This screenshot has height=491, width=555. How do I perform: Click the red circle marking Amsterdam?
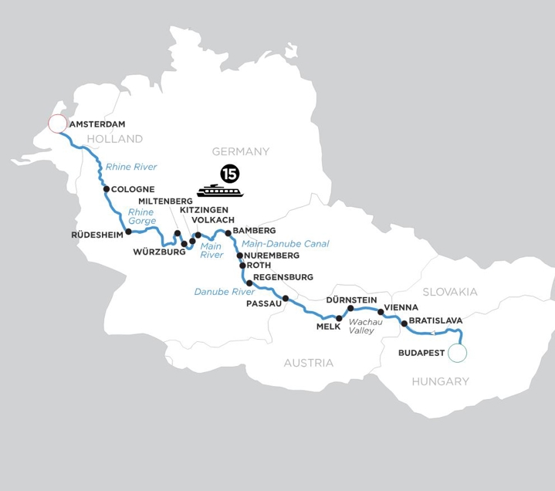[57, 124]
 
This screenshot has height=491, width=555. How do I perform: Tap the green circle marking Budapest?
[458, 353]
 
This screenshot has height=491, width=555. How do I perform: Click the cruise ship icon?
[220, 191]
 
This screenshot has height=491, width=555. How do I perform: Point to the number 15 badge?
[229, 173]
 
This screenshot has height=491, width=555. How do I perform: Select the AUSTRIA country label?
[308, 363]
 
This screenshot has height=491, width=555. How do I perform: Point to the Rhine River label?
[132, 167]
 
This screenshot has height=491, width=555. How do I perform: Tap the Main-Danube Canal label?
[285, 244]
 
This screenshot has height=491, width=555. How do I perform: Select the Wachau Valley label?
[361, 326]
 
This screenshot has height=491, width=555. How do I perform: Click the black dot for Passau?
[286, 298]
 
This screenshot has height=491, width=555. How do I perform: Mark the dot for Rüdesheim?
[128, 231]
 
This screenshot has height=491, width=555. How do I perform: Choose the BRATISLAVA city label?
[435, 320]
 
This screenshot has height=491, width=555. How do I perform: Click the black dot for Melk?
[339, 318]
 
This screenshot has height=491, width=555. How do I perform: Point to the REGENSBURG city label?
[283, 277]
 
